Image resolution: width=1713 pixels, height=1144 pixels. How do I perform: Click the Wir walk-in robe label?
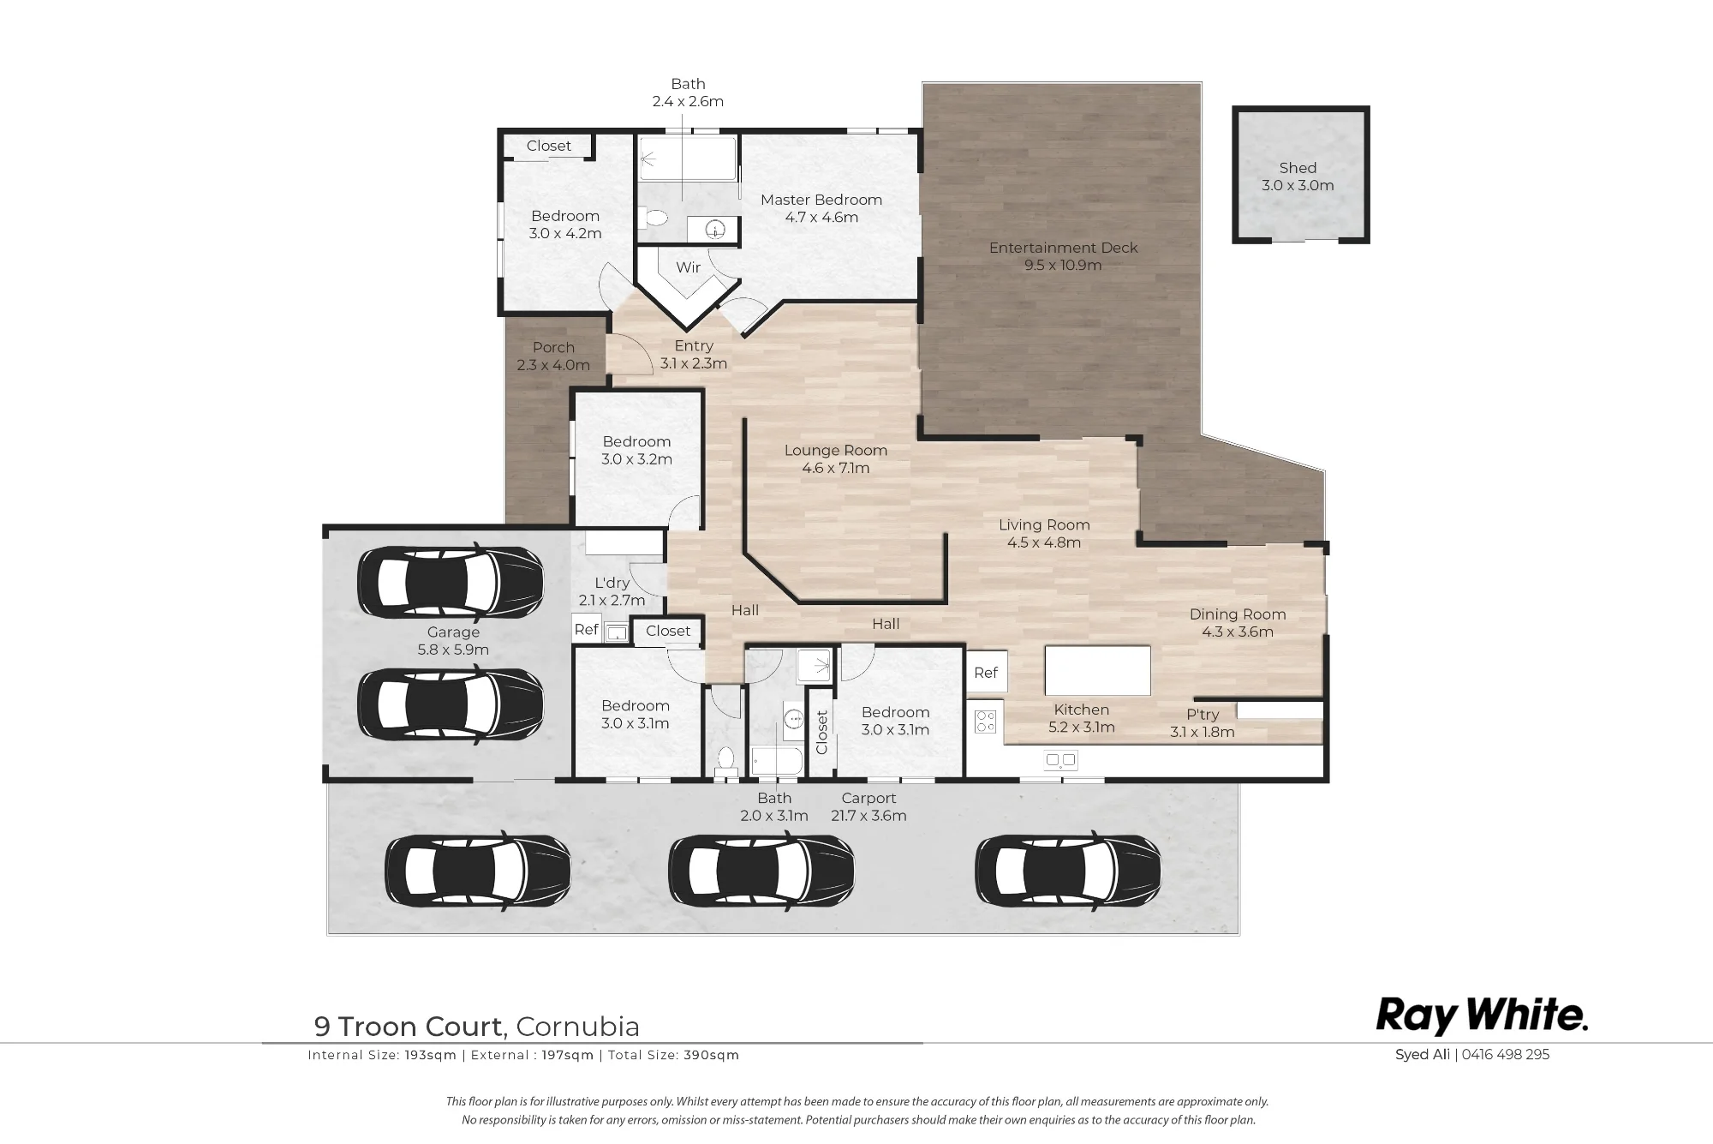(689, 267)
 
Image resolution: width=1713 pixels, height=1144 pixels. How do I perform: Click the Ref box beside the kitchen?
(986, 673)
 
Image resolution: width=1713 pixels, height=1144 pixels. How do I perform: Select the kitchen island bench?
(1097, 671)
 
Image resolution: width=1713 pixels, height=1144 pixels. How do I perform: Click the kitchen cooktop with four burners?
(986, 722)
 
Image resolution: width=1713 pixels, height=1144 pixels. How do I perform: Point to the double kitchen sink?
(1060, 759)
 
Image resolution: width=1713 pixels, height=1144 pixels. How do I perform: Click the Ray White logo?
(1482, 1015)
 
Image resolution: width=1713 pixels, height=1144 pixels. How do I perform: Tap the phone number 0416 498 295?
(1506, 1055)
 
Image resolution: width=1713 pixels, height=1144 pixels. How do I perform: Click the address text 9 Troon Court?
(409, 1027)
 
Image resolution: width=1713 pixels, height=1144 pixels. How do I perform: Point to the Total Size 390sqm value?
(711, 1055)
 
